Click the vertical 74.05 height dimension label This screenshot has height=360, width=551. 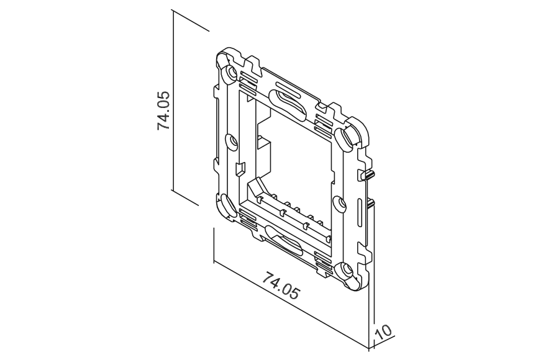click(x=164, y=110)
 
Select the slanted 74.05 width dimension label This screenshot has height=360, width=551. click(x=281, y=285)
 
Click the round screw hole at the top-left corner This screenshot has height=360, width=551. click(x=231, y=73)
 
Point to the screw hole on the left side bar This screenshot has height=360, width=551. click(x=232, y=142)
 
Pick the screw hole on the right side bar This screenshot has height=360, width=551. click(x=339, y=204)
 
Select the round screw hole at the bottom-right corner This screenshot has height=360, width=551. click(x=345, y=271)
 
